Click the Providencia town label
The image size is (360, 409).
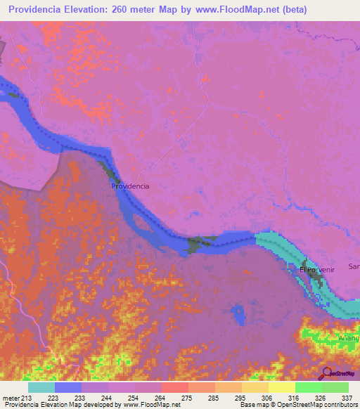coord(131,187)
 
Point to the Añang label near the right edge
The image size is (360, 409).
coord(349,338)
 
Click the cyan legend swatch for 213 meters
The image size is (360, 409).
coord(41,387)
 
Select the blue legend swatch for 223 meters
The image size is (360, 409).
coord(68,387)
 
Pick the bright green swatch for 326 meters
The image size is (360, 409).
coord(309,387)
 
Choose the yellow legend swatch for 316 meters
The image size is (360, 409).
coord(282,387)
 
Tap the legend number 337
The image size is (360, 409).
coord(347,397)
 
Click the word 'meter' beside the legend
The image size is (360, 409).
coord(12,397)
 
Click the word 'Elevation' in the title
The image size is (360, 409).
coord(94,11)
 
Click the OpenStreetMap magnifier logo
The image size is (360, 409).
coord(326,373)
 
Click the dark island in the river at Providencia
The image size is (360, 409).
coord(108,171)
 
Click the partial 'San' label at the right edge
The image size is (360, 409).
coord(354,267)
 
